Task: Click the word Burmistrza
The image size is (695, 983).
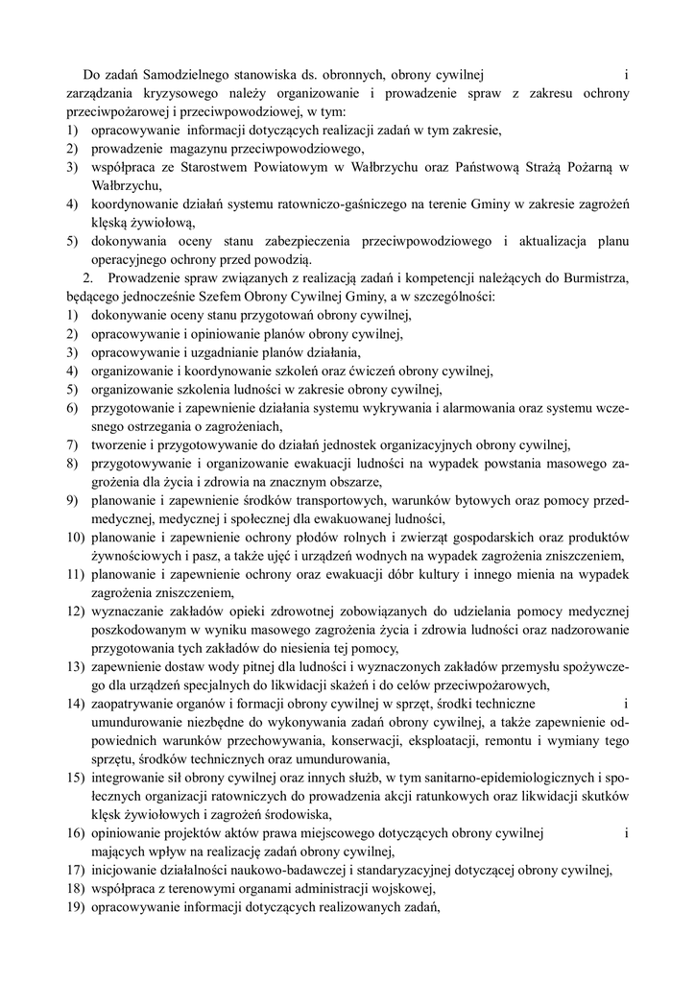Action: pyautogui.click(x=593, y=278)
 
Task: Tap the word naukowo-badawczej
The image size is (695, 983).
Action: pyautogui.click(x=273, y=870)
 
